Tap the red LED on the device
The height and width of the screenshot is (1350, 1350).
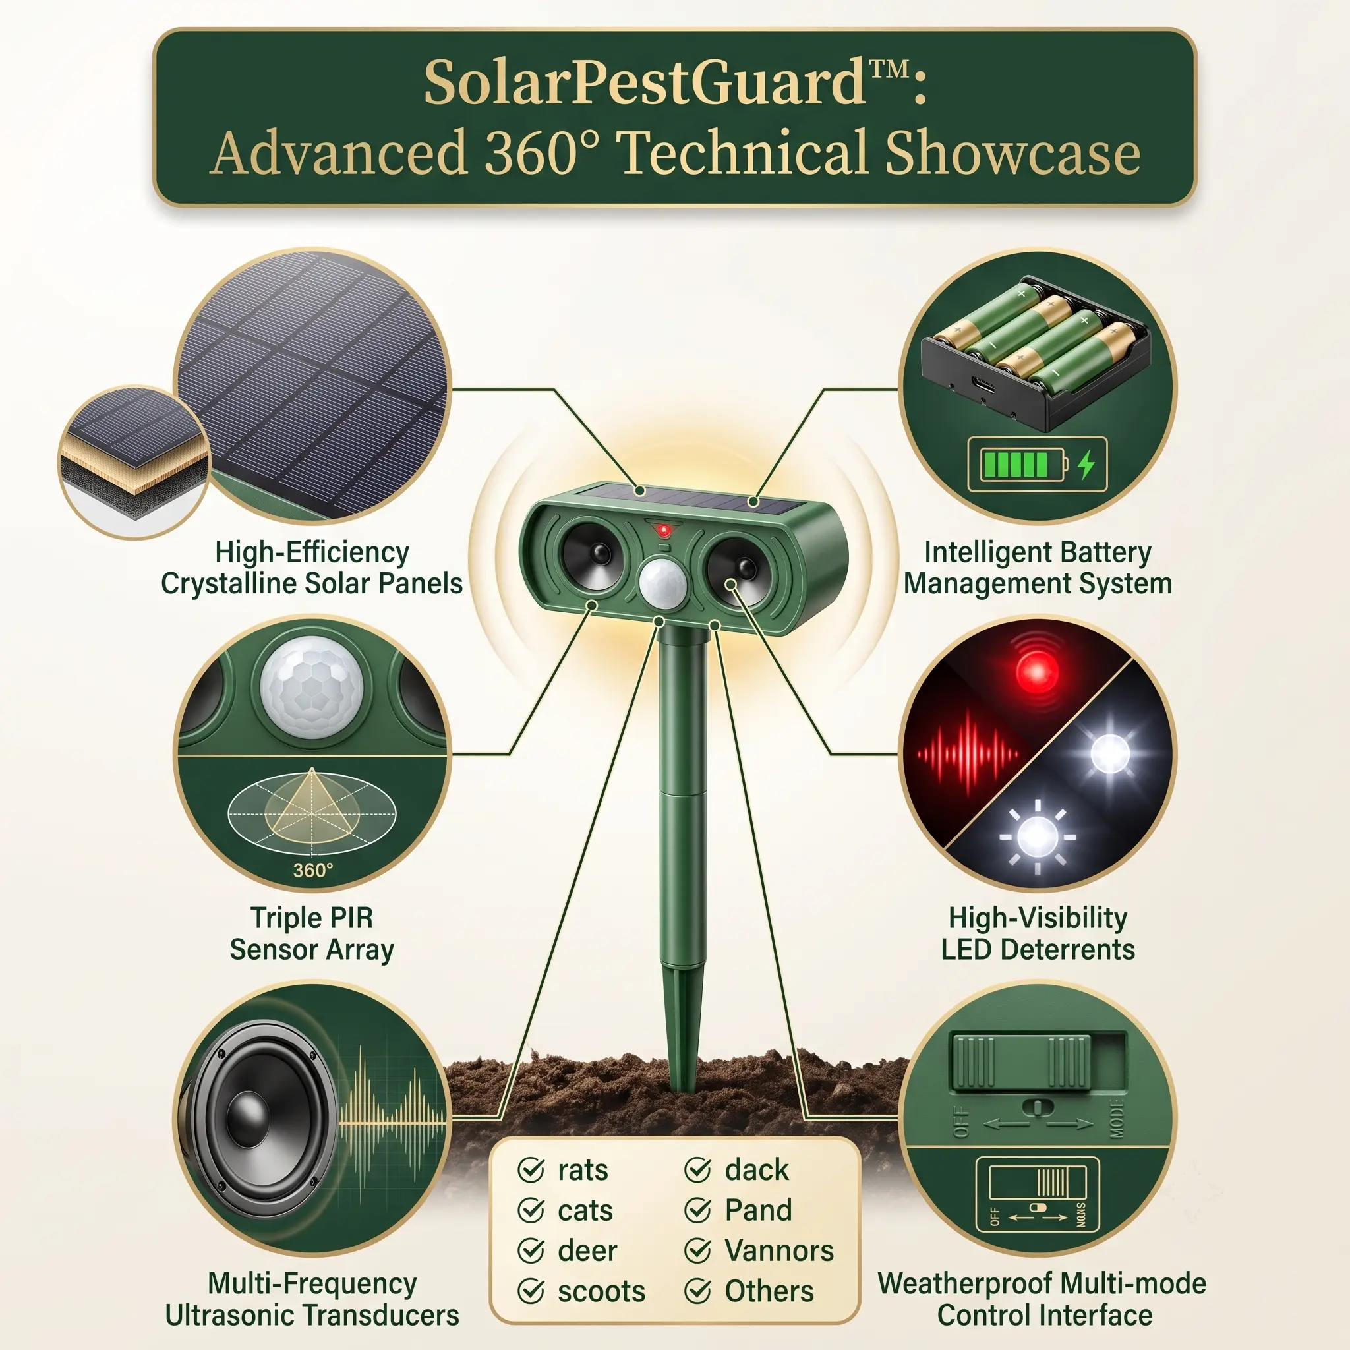point(663,531)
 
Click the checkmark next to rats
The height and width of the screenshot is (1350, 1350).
point(531,1170)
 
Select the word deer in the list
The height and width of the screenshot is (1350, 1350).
point(587,1250)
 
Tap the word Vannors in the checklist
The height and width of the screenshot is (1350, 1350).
point(779,1250)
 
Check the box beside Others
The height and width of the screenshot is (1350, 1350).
point(697,1291)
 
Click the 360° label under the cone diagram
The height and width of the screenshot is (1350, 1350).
point(313,871)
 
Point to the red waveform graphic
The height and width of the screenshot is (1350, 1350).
point(968,754)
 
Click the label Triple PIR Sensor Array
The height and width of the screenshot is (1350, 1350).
point(312,933)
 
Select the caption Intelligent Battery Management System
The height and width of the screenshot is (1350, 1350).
point(1038,568)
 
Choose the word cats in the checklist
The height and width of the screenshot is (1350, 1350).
point(585,1210)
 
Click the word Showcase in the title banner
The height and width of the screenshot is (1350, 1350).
point(1012,153)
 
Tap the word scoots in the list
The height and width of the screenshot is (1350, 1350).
point(602,1291)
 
